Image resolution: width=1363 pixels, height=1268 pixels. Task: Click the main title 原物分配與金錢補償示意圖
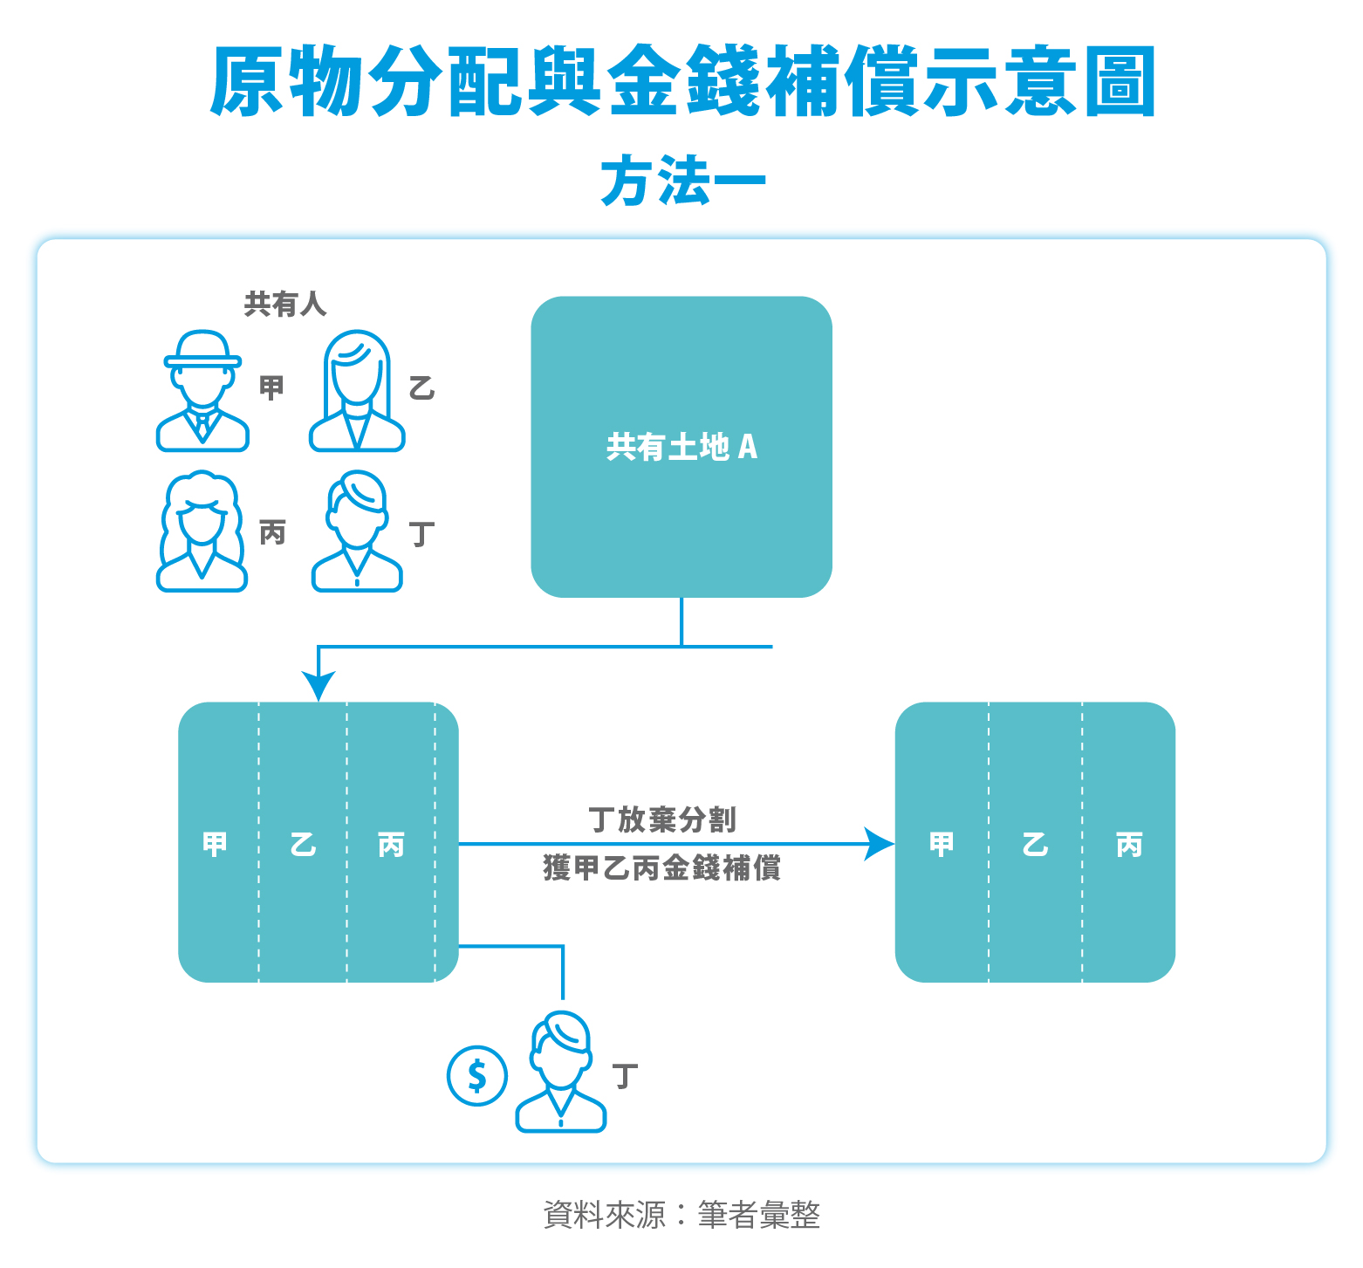click(682, 82)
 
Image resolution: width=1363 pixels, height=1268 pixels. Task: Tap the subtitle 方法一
click(682, 182)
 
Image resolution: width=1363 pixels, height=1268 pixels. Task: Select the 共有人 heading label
click(285, 304)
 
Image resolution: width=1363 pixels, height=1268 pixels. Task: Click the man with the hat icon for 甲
click(202, 391)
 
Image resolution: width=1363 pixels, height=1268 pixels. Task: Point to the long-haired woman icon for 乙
click(357, 391)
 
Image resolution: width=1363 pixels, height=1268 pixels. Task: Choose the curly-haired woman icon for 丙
click(202, 531)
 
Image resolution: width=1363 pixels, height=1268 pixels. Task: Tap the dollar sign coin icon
click(477, 1075)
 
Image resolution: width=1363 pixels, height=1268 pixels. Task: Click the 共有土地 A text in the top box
click(681, 447)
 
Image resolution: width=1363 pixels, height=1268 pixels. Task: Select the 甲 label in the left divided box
click(215, 844)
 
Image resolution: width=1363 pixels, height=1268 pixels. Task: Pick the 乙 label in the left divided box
click(303, 844)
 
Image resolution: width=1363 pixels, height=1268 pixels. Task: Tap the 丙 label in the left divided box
click(391, 844)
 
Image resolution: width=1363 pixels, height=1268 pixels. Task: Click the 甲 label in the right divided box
click(942, 844)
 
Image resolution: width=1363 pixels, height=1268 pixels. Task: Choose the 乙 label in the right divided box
click(1035, 844)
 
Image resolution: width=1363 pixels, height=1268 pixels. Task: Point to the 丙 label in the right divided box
click(1129, 844)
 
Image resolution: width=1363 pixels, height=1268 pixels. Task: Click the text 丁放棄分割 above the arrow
click(662, 819)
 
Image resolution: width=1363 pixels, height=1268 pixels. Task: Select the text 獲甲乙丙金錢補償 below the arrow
click(662, 868)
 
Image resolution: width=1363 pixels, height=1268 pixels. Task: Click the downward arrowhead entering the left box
click(318, 686)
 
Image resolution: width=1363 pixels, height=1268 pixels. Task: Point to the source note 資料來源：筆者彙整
click(681, 1214)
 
